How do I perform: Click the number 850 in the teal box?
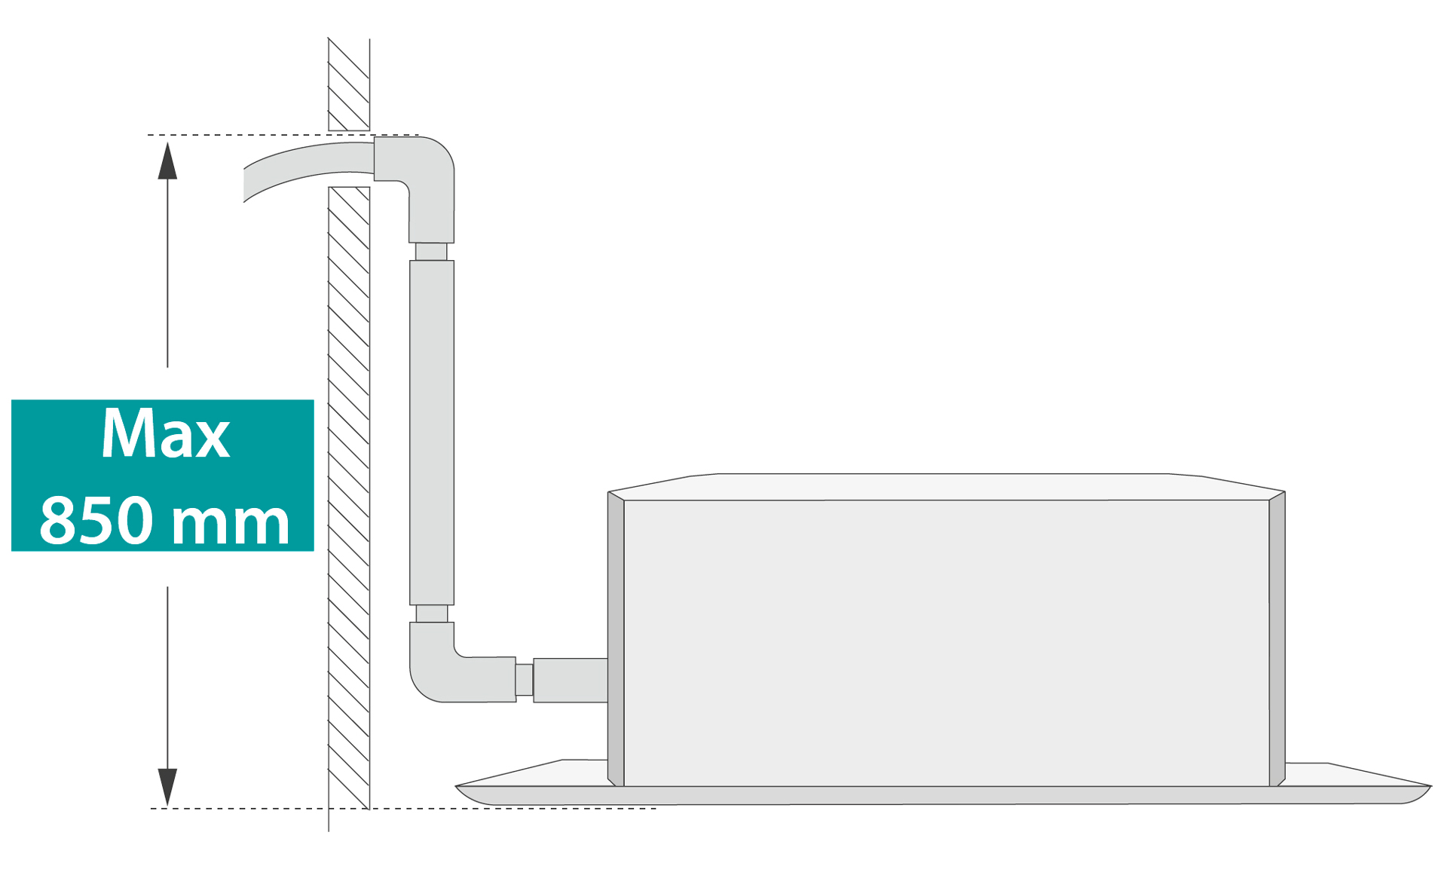(x=96, y=520)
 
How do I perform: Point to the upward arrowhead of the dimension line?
(x=167, y=161)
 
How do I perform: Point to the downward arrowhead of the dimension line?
(x=167, y=787)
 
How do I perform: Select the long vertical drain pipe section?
(x=432, y=433)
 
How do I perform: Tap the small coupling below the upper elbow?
(x=431, y=252)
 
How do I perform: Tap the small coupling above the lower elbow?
(x=432, y=614)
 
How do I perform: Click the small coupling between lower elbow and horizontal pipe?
(x=525, y=680)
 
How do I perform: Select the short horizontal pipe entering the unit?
(x=571, y=680)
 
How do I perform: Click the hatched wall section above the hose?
(x=349, y=84)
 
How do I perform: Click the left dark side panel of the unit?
(x=616, y=639)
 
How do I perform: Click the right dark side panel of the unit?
(x=1277, y=639)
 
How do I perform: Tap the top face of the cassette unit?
(x=946, y=487)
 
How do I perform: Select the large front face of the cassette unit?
(x=947, y=643)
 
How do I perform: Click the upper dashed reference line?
(x=283, y=135)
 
